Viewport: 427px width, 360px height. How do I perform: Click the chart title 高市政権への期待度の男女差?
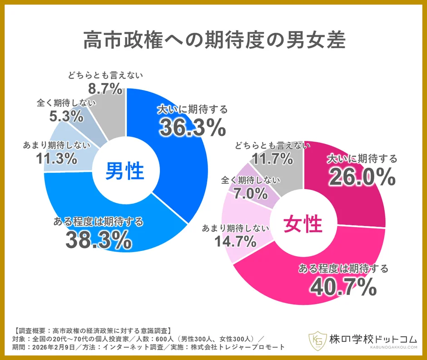[x=213, y=40]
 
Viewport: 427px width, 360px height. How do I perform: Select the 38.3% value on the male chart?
[x=98, y=240]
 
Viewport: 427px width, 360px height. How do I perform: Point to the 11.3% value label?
[x=55, y=158]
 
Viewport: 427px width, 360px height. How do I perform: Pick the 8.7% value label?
[x=105, y=87]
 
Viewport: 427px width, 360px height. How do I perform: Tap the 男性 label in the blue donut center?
[x=125, y=172]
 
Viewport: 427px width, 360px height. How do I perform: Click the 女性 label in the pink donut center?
[x=303, y=225]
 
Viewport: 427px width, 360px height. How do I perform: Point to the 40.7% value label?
[x=343, y=286]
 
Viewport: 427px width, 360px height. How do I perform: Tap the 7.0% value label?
[x=251, y=194]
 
